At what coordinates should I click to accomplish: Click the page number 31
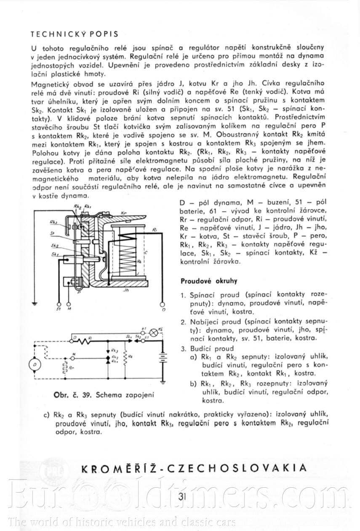tap(182, 496)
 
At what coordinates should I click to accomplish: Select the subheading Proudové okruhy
tap(209, 281)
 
